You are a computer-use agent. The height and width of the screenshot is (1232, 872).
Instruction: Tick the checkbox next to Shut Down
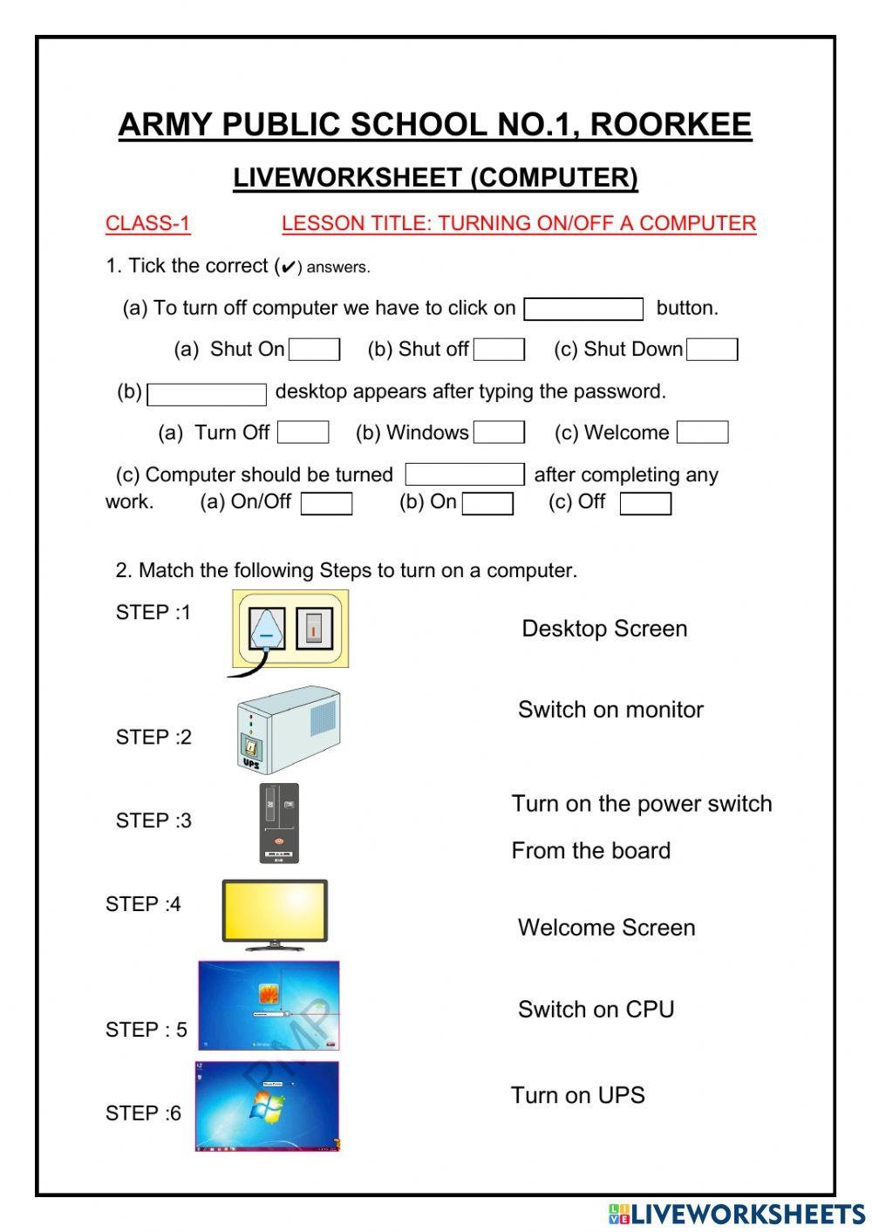point(712,350)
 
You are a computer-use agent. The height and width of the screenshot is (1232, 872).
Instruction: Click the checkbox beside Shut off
point(499,350)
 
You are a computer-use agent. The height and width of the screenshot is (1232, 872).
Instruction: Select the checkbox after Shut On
point(314,350)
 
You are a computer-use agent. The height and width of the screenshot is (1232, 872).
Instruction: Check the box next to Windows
point(499,432)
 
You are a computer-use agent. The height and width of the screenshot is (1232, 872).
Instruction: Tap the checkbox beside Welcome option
point(702,432)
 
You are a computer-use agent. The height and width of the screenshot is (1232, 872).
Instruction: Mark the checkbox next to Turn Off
point(303,432)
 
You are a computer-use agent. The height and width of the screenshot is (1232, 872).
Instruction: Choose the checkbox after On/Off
point(326,504)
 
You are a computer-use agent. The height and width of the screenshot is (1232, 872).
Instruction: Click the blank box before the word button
point(583,309)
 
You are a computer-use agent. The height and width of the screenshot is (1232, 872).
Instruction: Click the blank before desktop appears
point(207,394)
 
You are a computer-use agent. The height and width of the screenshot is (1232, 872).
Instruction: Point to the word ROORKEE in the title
point(671,125)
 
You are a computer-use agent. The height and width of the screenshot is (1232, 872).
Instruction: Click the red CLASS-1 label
point(147,223)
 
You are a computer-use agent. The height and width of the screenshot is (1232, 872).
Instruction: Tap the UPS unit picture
point(289,730)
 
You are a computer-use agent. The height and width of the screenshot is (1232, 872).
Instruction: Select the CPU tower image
point(279,823)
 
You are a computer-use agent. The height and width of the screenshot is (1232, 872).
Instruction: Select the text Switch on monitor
point(610,710)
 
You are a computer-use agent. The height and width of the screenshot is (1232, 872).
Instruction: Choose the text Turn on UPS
point(577,1095)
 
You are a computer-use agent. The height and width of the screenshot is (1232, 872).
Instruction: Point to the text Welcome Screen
point(606,928)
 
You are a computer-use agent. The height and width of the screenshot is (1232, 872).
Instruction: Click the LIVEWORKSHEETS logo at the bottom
point(737,1214)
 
